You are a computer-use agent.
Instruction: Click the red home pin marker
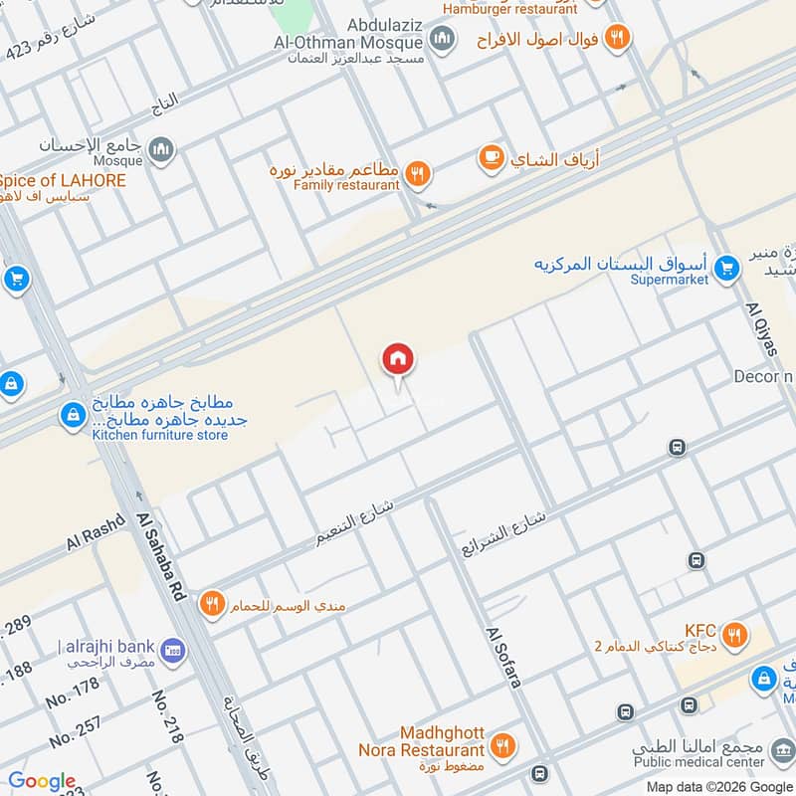(398, 360)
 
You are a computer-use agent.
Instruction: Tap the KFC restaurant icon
(735, 635)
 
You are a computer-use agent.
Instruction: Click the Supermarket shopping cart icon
(727, 267)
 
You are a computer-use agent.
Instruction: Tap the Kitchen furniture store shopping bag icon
(72, 414)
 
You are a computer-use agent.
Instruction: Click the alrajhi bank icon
(172, 648)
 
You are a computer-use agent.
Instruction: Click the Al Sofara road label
(503, 657)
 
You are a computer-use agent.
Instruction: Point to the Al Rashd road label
(97, 533)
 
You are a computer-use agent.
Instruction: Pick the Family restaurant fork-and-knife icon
(418, 174)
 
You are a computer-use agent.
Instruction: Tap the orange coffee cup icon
(491, 157)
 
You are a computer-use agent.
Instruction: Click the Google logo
(42, 781)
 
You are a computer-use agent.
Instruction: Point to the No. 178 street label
(74, 693)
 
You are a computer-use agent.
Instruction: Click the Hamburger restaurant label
(509, 9)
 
